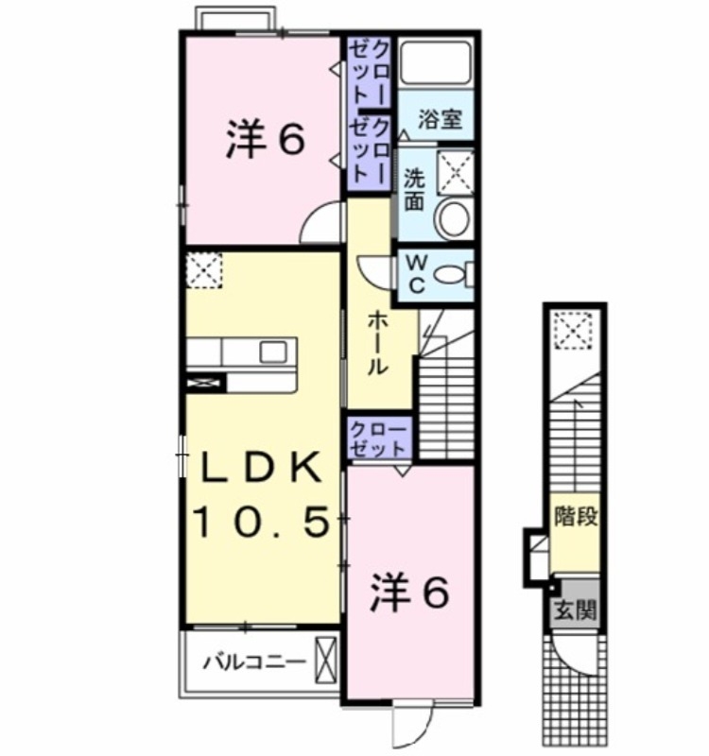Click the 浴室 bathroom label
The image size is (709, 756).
(440, 119)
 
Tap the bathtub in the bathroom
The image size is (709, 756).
(436, 62)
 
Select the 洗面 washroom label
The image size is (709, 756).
(414, 190)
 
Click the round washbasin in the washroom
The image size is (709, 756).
(453, 218)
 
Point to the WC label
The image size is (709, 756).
(417, 273)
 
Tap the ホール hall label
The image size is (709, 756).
(377, 342)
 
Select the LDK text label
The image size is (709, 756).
(262, 467)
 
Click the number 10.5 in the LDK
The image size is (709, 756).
(262, 523)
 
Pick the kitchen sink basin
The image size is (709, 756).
(273, 352)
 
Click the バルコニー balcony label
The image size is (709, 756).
(254, 662)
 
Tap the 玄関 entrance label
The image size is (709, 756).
(575, 610)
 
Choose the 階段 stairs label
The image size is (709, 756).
(576, 516)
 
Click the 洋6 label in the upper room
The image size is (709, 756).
(265, 139)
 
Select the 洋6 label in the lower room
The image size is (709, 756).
(409, 593)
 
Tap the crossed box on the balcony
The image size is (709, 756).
(325, 660)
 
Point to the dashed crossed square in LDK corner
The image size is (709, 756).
(204, 270)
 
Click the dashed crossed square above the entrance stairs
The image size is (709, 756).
(573, 330)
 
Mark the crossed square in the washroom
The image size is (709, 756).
(456, 171)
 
